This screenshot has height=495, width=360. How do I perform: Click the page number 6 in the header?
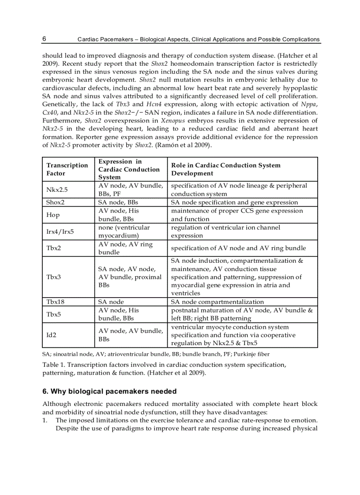click(44, 39)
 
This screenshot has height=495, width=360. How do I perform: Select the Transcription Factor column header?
click(67, 169)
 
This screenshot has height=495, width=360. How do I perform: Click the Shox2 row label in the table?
click(55, 202)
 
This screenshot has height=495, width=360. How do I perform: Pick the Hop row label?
click(52, 215)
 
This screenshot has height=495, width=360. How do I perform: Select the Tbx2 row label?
click(53, 248)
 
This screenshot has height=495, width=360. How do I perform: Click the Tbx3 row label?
click(53, 277)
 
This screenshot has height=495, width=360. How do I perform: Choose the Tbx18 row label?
click(55, 302)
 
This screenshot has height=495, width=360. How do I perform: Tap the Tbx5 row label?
click(53, 314)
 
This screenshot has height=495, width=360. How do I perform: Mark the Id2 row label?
click(51, 335)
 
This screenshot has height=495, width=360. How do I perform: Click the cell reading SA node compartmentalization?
click(217, 302)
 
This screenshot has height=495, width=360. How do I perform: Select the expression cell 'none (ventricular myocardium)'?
click(124, 231)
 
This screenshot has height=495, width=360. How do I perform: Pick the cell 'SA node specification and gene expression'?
click(234, 202)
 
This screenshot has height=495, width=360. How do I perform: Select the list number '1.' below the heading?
click(45, 421)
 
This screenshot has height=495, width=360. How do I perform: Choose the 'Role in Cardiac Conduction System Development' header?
click(225, 169)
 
